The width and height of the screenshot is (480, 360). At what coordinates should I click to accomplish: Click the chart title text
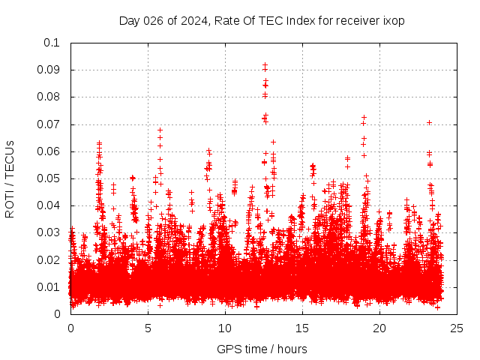pos(262,20)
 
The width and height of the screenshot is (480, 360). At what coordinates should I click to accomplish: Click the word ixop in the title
pos(394,20)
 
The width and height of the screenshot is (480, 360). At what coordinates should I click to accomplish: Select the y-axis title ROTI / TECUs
pos(10,178)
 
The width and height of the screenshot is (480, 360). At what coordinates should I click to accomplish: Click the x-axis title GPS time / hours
pos(262,349)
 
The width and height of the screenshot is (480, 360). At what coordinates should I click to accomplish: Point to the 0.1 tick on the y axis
pos(52,43)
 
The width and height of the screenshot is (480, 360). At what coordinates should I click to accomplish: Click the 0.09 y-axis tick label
pos(49,70)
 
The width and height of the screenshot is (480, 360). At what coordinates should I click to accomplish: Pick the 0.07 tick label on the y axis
pos(49,124)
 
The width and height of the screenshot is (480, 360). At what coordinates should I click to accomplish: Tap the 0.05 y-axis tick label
pos(49,178)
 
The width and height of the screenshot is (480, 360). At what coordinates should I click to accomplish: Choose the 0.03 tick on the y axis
pos(49,232)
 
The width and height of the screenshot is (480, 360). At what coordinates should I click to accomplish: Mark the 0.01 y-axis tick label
pos(49,287)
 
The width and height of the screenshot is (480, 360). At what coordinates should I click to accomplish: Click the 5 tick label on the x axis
pos(148,328)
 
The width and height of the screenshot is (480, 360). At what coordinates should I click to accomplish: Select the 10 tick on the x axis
pos(225,328)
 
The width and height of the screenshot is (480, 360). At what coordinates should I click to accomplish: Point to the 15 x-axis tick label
pos(302,328)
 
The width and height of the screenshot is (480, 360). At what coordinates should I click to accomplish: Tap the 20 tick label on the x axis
pos(379,328)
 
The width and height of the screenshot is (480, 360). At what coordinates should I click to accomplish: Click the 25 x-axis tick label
pos(457,328)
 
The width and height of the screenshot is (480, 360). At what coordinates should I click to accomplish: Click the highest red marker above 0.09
pos(265,65)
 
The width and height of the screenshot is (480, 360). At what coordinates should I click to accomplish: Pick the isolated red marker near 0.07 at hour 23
pos(429,122)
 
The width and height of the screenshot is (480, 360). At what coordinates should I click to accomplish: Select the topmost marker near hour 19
pos(364,118)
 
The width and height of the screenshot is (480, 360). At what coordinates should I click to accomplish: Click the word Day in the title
pos(130,20)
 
